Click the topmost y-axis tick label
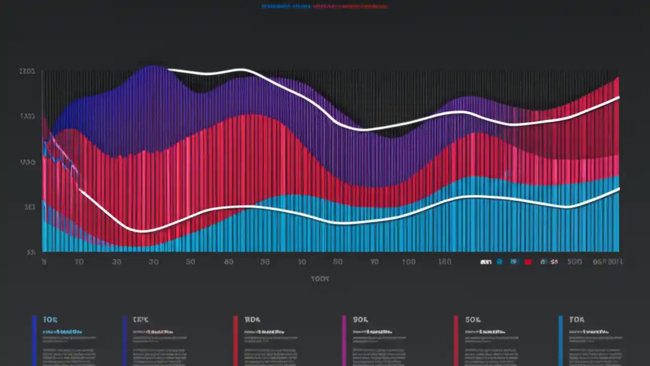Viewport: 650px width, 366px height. coord(27,72)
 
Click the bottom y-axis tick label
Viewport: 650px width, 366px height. coord(31,252)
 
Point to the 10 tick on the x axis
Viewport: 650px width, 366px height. coord(79,262)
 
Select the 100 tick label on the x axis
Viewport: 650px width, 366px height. coord(408,262)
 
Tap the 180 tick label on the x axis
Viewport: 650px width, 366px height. coord(444,262)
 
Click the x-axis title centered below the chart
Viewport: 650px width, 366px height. coord(320,279)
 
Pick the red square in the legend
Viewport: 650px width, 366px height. coord(528,262)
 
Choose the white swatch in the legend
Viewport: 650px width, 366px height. coord(485,262)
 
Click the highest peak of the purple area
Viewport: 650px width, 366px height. coord(152,66)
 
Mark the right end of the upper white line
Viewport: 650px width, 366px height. coord(619,97)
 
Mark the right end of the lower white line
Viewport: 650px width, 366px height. coord(619,189)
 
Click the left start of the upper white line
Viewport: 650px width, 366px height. coord(169,69)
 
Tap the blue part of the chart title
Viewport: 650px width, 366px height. coord(286,7)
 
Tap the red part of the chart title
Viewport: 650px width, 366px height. coord(350,7)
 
